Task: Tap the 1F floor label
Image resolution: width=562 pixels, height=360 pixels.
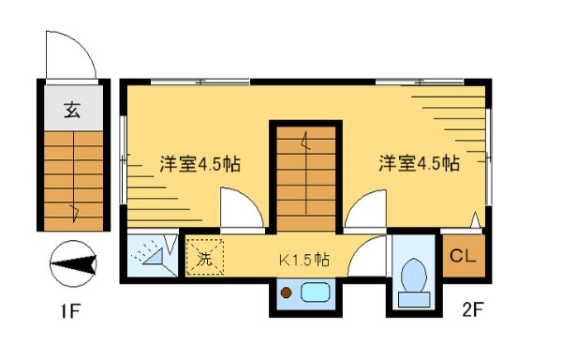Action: click(x=68, y=309)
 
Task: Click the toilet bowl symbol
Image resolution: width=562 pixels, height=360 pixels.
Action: click(x=413, y=277)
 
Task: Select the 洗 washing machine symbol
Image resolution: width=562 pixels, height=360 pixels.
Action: click(x=203, y=257)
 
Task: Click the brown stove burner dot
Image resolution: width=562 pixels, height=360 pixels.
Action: click(x=287, y=293)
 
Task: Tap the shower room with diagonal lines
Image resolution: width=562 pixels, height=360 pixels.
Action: click(x=150, y=255)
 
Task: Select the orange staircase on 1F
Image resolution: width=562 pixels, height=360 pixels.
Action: click(x=72, y=178)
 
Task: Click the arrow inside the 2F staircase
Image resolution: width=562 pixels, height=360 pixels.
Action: click(x=305, y=145)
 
